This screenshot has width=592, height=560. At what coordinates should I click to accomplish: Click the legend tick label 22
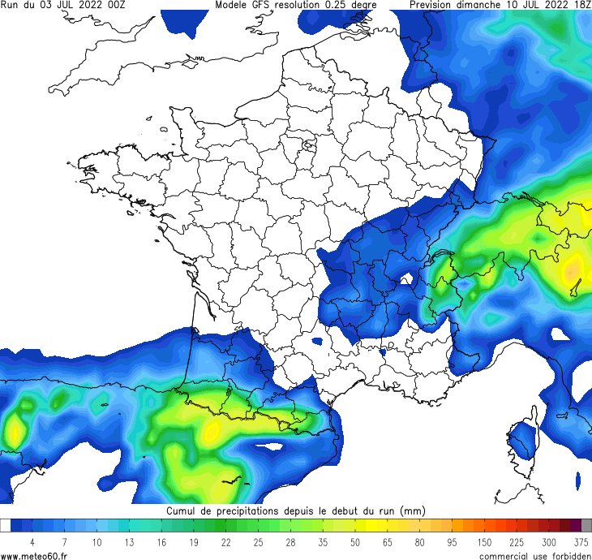225,542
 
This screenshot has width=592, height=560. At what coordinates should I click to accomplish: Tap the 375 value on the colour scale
581,542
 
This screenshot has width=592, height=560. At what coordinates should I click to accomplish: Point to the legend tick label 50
355,542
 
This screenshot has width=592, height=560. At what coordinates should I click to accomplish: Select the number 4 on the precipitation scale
32,542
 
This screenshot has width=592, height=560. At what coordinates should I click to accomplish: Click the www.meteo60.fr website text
39,555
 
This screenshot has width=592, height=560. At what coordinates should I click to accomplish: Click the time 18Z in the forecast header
581,5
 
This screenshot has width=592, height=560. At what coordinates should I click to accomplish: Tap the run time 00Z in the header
114,5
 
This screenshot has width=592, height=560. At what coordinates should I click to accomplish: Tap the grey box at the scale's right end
586,525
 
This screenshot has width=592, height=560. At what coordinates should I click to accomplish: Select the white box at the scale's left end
6,525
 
